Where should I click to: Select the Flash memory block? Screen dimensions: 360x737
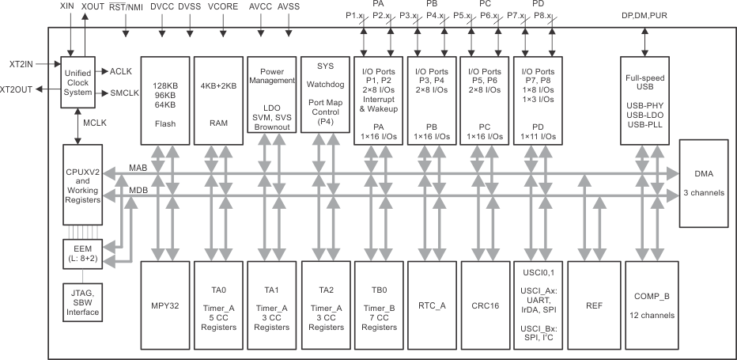point(165,99)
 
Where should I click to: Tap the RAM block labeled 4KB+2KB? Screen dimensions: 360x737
point(219,99)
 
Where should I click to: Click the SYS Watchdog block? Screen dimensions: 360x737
point(326,99)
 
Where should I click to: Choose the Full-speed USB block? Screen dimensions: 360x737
point(644,99)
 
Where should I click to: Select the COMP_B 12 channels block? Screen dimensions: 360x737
point(651,305)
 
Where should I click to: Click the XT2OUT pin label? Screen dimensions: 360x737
point(17,89)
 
